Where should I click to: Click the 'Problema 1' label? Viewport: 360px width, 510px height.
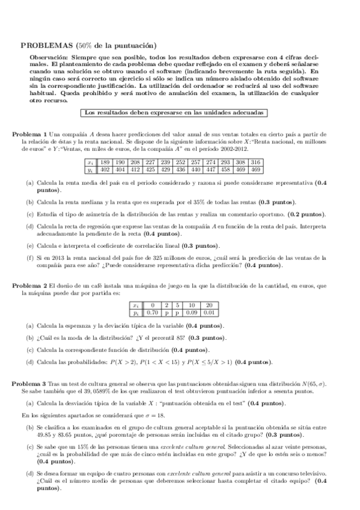pyautogui.click(x=31, y=133)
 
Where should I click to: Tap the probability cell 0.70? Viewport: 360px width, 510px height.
pyautogui.click(x=153, y=313)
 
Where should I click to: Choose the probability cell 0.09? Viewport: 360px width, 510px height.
pyautogui.click(x=191, y=313)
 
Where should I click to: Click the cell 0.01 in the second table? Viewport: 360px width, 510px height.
pyautogui.click(x=209, y=313)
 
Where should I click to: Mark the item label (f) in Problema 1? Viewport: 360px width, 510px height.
pyautogui.click(x=29, y=257)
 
